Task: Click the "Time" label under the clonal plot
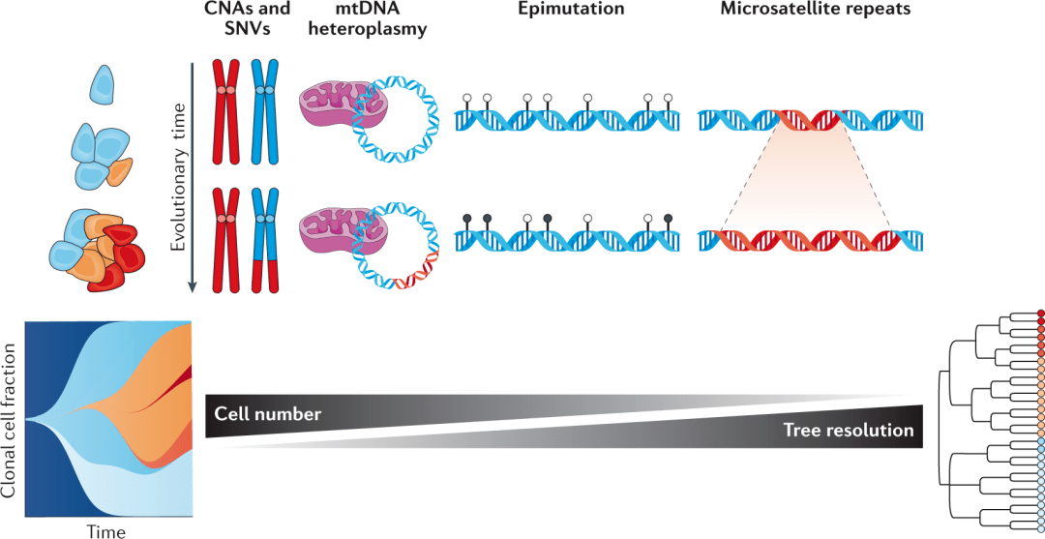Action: [105, 531]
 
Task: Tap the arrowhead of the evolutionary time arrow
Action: [194, 286]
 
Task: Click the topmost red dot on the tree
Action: [1040, 314]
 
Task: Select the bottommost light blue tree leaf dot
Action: [1040, 524]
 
